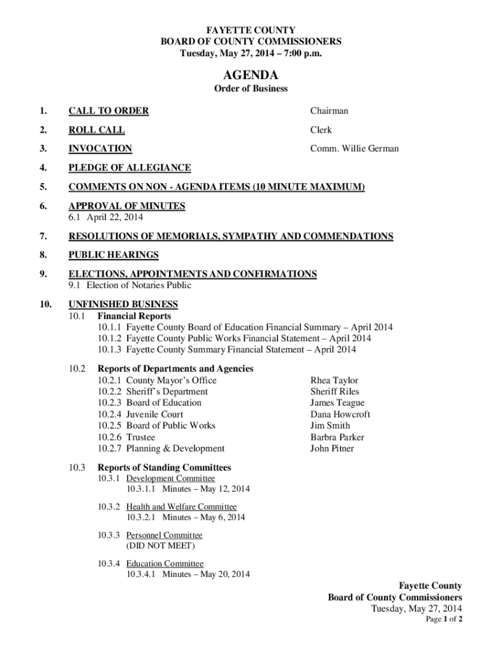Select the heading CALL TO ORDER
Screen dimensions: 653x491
[x=108, y=111]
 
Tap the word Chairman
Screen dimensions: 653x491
[x=329, y=111]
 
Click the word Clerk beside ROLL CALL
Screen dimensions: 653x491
[x=321, y=130]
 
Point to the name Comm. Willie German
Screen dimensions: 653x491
[x=354, y=149]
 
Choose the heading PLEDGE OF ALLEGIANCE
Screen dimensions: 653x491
[x=129, y=168]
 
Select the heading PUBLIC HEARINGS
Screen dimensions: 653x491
[x=114, y=255]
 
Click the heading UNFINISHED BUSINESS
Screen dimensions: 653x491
[x=123, y=304]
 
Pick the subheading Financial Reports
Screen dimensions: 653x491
[x=134, y=316]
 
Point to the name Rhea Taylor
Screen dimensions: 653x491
[x=334, y=380]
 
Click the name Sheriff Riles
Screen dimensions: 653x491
[x=335, y=392]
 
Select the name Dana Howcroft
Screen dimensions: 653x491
[x=340, y=414]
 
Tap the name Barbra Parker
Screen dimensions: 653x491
[x=337, y=437]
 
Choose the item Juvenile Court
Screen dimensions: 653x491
[x=154, y=414]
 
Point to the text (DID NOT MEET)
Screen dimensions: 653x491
[x=160, y=546]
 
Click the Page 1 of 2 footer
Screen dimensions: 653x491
[x=444, y=619]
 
